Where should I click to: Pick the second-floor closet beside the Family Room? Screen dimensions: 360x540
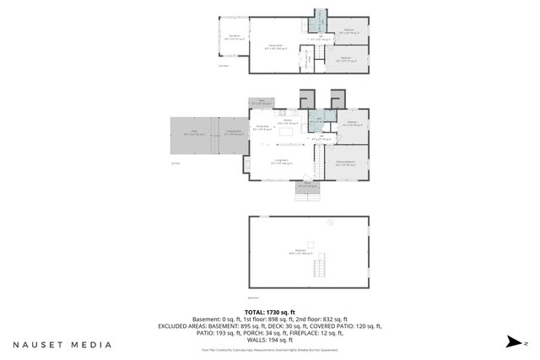[308, 58]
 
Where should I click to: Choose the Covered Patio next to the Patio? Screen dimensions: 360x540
[233, 132]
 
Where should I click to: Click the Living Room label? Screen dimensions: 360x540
[276, 162]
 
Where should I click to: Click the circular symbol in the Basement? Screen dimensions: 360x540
[331, 223]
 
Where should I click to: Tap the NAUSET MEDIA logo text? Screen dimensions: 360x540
[62, 345]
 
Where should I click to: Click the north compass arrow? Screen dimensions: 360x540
[512, 341]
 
